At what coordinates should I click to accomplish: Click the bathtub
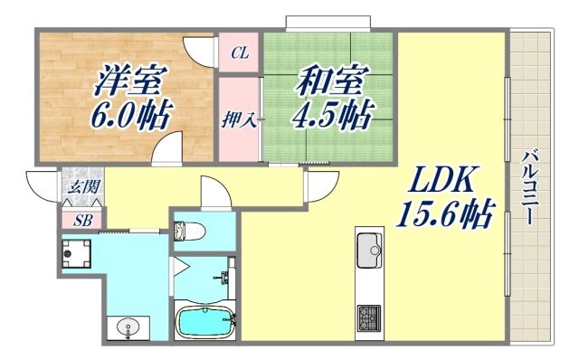[204, 321]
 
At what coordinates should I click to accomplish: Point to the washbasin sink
[126, 327]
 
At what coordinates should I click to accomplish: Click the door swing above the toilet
[214, 192]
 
